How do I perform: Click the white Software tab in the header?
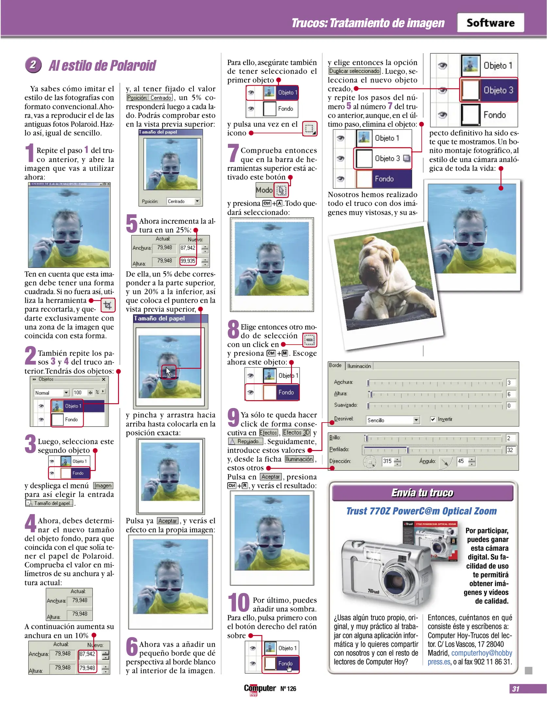click(490, 23)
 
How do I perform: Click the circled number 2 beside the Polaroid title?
click(33, 65)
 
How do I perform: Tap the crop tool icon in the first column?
click(108, 305)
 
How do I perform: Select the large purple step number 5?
click(132, 224)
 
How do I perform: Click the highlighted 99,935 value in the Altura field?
click(188, 261)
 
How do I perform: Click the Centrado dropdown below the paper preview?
click(183, 201)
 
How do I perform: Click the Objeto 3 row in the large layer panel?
click(489, 90)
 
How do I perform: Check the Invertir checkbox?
click(433, 419)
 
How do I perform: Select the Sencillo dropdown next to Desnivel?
click(393, 420)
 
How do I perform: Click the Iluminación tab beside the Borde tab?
click(359, 366)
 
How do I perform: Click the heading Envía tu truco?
click(422, 493)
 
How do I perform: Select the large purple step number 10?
click(239, 603)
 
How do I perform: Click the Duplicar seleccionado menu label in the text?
click(354, 71)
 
